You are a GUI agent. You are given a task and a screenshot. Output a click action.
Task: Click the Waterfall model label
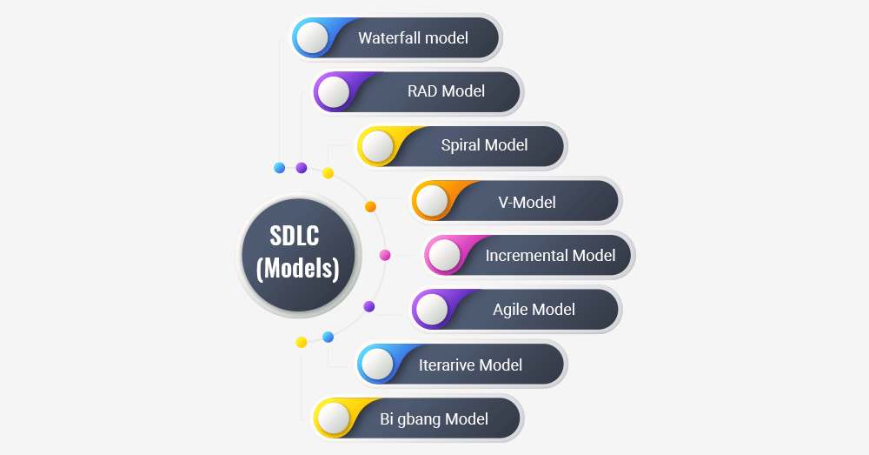click(413, 37)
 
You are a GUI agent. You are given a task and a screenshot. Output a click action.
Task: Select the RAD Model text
click(446, 91)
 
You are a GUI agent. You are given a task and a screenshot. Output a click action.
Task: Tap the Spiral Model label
click(484, 145)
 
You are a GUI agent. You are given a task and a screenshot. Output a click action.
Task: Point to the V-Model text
click(527, 203)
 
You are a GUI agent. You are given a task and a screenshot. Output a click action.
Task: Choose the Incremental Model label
click(550, 255)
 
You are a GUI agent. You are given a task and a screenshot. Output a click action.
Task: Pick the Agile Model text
click(534, 310)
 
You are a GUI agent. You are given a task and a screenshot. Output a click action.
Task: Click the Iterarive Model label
click(470, 365)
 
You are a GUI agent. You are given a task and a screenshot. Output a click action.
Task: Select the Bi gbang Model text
click(434, 419)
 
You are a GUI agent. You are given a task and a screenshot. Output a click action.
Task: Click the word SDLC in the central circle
click(295, 236)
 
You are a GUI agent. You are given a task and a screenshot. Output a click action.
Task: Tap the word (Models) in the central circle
click(297, 269)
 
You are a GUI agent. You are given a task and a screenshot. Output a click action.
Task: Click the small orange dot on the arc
click(370, 207)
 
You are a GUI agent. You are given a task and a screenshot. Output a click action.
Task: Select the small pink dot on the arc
click(385, 255)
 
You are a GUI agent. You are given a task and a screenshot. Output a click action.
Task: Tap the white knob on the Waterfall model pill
click(313, 37)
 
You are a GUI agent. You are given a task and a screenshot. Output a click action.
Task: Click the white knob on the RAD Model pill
click(334, 91)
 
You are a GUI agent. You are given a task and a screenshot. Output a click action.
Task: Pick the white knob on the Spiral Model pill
click(377, 146)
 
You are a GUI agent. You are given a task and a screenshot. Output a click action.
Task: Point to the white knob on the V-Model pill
click(432, 200)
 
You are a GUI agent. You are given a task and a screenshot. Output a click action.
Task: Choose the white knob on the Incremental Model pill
click(444, 255)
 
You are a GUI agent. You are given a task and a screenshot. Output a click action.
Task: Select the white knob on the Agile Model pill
click(432, 309)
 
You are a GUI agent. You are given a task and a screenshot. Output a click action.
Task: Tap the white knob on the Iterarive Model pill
click(377, 364)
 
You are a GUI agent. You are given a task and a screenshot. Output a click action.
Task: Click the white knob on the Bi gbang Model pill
click(334, 418)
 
